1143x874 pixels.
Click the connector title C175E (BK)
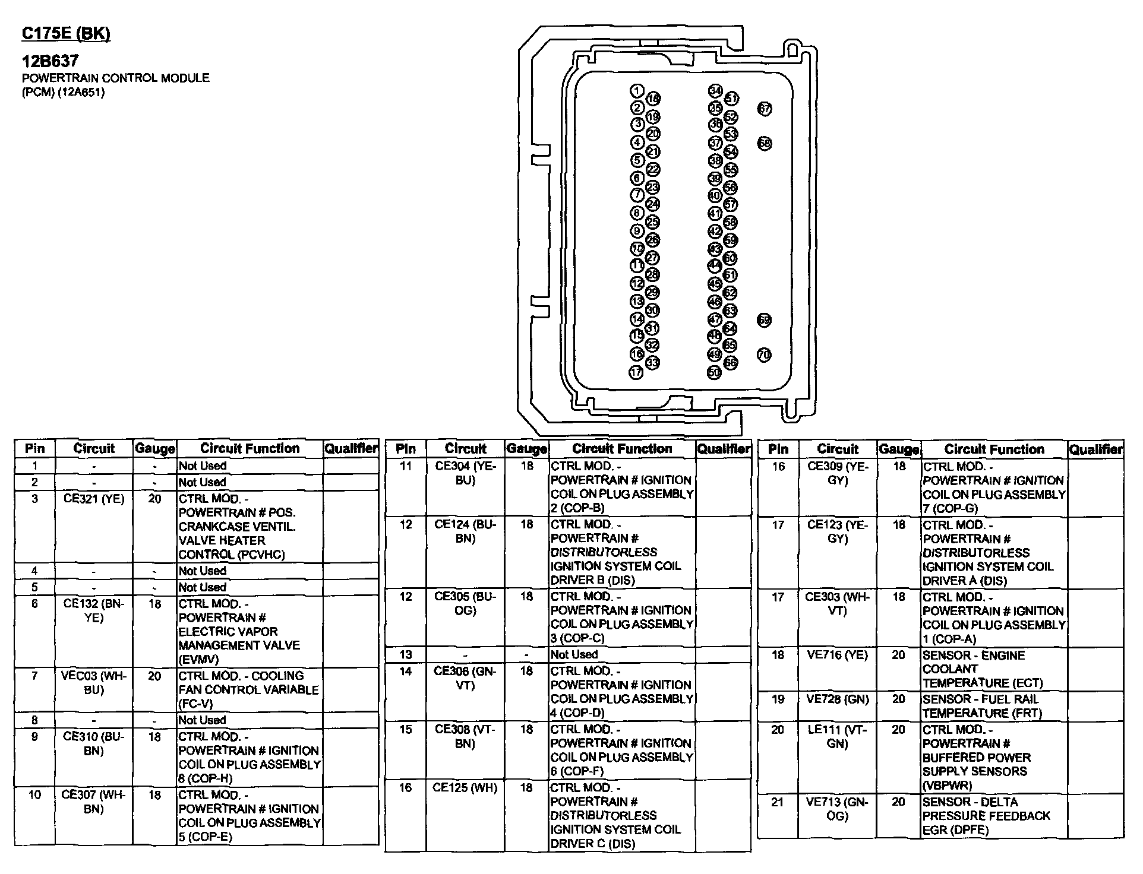tap(66, 34)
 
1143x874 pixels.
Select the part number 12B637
tap(50, 61)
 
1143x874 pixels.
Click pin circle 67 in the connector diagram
tap(765, 109)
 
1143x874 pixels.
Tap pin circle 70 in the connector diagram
tap(764, 355)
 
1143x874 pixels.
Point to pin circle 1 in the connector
tap(637, 91)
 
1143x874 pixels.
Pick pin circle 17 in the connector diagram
tap(636, 373)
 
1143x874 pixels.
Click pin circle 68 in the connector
tap(765, 143)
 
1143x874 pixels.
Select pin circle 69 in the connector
tap(764, 321)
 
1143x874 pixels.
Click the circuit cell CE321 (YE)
tap(94, 499)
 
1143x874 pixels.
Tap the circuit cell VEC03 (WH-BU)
tap(94, 683)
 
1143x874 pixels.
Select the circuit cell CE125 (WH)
tap(465, 788)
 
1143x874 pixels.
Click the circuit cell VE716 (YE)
tap(837, 655)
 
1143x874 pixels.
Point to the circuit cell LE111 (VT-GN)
tap(837, 736)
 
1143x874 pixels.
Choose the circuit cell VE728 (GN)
tap(837, 699)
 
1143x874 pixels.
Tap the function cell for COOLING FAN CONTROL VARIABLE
tap(248, 689)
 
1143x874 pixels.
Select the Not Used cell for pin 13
tap(574, 654)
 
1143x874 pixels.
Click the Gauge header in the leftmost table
tap(154, 449)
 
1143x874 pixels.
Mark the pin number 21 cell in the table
tap(778, 803)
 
